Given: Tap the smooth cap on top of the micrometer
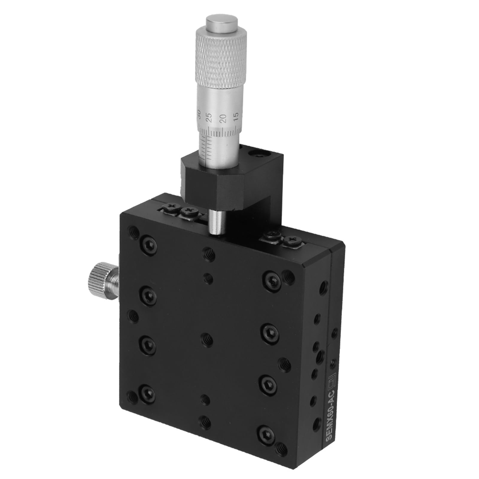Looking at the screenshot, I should click(222, 22).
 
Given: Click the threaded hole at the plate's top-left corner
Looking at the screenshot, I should click(134, 232).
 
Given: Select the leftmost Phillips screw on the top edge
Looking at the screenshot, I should click(171, 206).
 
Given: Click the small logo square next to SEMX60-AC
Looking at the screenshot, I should click(332, 378).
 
